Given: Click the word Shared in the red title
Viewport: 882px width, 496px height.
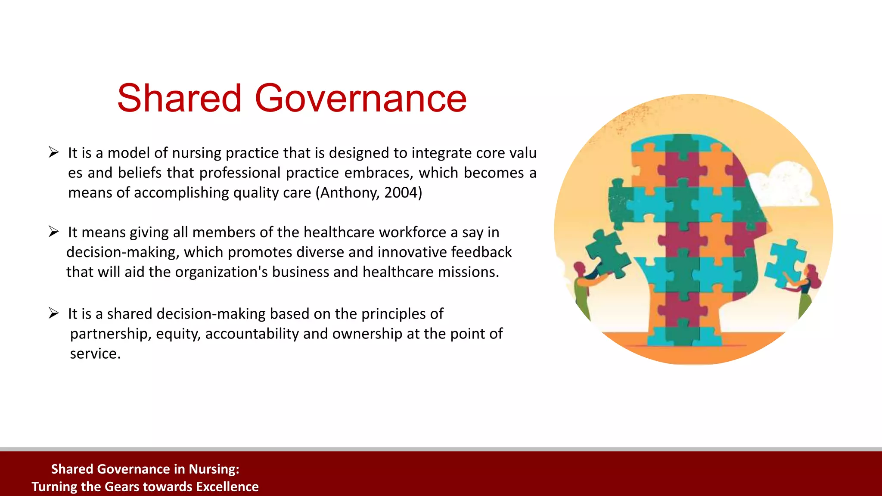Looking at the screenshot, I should click(179, 99).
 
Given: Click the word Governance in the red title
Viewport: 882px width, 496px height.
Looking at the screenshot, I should click(361, 99).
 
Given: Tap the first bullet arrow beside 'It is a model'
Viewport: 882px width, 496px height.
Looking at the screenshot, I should click(53, 152).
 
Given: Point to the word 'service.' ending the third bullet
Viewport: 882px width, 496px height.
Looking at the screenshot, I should click(95, 353).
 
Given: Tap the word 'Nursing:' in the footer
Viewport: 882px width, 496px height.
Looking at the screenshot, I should click(214, 469).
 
